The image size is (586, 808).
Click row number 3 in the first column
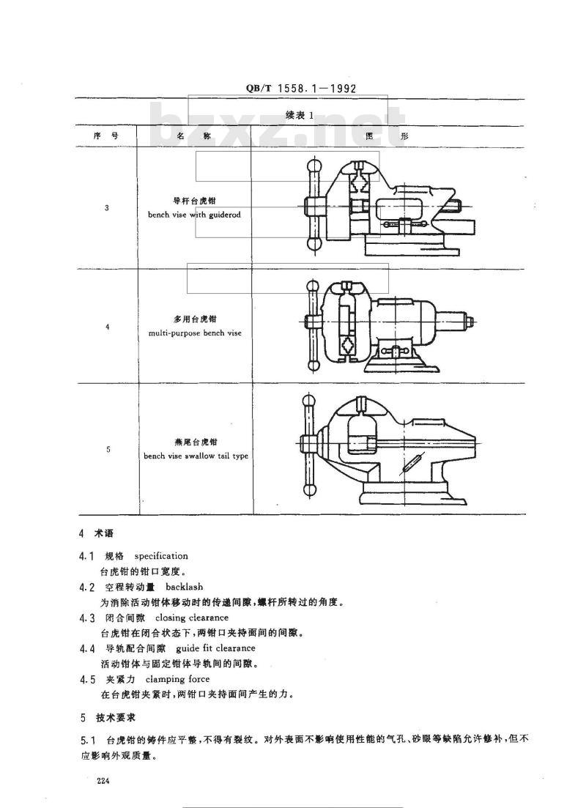point(107,208)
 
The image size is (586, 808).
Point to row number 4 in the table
point(107,327)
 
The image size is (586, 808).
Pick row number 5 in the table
point(107,449)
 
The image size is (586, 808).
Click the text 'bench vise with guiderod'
point(193,215)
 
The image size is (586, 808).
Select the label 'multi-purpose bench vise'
point(194,333)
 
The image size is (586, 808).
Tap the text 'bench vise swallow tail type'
point(196,456)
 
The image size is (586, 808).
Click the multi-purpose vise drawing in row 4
point(388,327)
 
